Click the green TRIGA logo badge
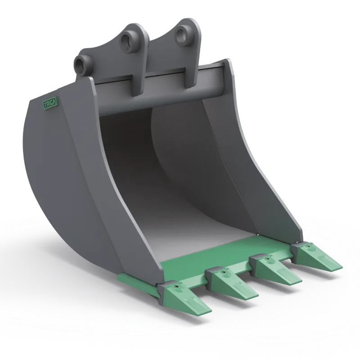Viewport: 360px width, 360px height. point(50,104)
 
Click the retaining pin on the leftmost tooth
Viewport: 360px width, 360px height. point(176,287)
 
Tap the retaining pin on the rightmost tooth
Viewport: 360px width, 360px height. point(309,246)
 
